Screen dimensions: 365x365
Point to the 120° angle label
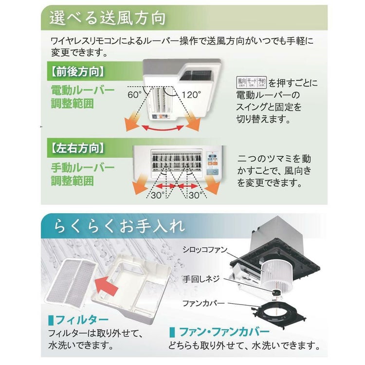point(191,94)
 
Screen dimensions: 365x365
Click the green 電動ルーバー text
point(83,91)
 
